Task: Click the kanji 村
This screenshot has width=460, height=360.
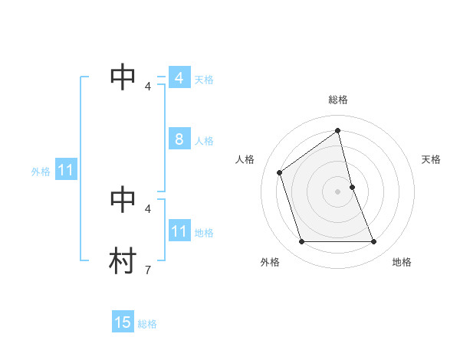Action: point(123,260)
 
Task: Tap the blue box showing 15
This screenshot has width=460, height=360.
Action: point(123,322)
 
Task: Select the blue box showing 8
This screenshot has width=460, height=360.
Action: point(179,139)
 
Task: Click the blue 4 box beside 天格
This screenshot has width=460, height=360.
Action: point(179,78)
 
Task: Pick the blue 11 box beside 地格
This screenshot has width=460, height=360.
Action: point(179,231)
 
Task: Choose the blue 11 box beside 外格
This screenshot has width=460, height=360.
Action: point(65,170)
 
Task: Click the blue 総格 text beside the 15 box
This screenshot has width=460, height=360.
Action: point(147,324)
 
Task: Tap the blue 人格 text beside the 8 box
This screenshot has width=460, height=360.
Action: point(204,141)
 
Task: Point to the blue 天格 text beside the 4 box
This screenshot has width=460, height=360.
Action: point(204,80)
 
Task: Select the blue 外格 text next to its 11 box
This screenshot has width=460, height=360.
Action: point(41,172)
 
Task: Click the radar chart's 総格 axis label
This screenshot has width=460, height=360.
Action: point(338,100)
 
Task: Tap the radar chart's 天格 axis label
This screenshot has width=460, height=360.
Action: point(432,159)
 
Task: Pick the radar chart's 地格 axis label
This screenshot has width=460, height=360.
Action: point(402,262)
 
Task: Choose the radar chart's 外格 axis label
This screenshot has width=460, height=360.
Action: point(270,262)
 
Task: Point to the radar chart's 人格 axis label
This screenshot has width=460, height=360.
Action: point(245,159)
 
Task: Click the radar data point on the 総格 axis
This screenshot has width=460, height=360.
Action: point(338,130)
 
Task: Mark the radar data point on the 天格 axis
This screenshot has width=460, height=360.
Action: point(352,187)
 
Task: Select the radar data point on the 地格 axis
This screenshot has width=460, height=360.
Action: point(374,242)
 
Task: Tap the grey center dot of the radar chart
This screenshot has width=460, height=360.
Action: point(338,191)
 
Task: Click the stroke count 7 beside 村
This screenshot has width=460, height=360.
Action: point(147,270)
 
